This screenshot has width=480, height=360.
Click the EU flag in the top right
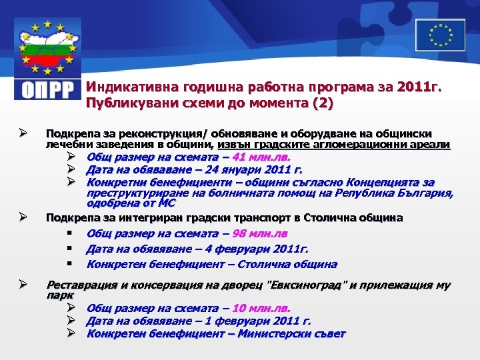pyautogui.click(x=440, y=35)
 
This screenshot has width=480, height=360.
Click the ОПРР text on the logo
pyautogui.click(x=46, y=90)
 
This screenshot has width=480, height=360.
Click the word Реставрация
pyautogui.click(x=81, y=285)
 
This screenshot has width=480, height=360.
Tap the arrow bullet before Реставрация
pyautogui.click(x=23, y=285)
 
